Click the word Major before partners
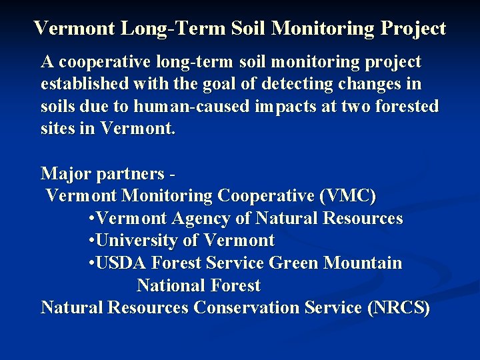click(x=66, y=174)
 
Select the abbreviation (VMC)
click(x=348, y=196)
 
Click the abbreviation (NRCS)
click(x=399, y=307)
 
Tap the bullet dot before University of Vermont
click(x=91, y=241)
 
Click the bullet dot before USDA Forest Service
click(x=91, y=263)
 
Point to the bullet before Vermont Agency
click(x=91, y=219)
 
